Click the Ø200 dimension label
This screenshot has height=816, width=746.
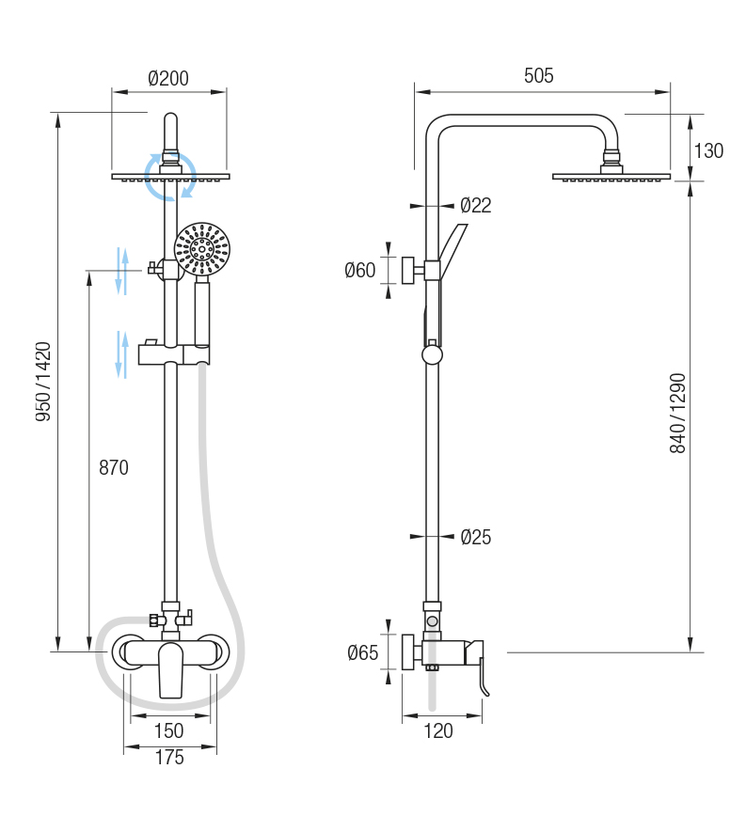click(x=168, y=79)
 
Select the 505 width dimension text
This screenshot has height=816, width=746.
click(x=538, y=76)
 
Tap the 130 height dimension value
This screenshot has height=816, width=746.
click(x=708, y=149)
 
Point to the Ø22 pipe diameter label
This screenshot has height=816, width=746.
click(x=475, y=205)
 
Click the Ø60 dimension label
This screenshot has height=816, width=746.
click(x=359, y=271)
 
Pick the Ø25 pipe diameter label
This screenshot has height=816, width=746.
click(x=475, y=538)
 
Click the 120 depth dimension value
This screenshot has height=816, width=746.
click(x=438, y=731)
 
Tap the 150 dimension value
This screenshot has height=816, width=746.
click(x=168, y=730)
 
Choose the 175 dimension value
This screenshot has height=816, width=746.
click(x=169, y=758)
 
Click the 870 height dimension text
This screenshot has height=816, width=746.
click(x=113, y=467)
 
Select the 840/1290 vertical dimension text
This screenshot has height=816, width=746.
click(x=678, y=414)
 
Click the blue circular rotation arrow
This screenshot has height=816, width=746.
click(x=170, y=175)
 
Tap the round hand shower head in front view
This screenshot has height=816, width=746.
click(x=201, y=249)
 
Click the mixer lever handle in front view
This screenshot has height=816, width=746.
click(x=170, y=668)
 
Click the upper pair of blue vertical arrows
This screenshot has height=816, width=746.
click(x=121, y=271)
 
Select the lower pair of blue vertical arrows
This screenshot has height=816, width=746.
click(x=121, y=354)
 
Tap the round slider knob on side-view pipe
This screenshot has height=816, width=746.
click(x=432, y=354)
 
